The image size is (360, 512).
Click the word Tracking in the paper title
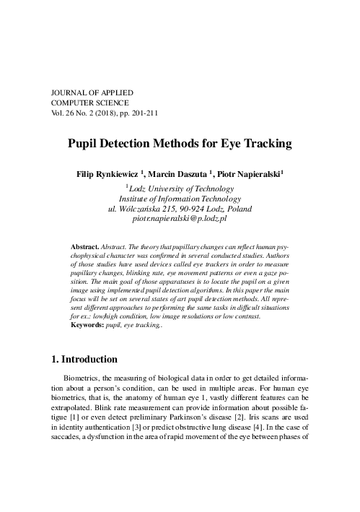tap(265, 144)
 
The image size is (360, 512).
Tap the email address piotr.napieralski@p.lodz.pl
tap(180, 217)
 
